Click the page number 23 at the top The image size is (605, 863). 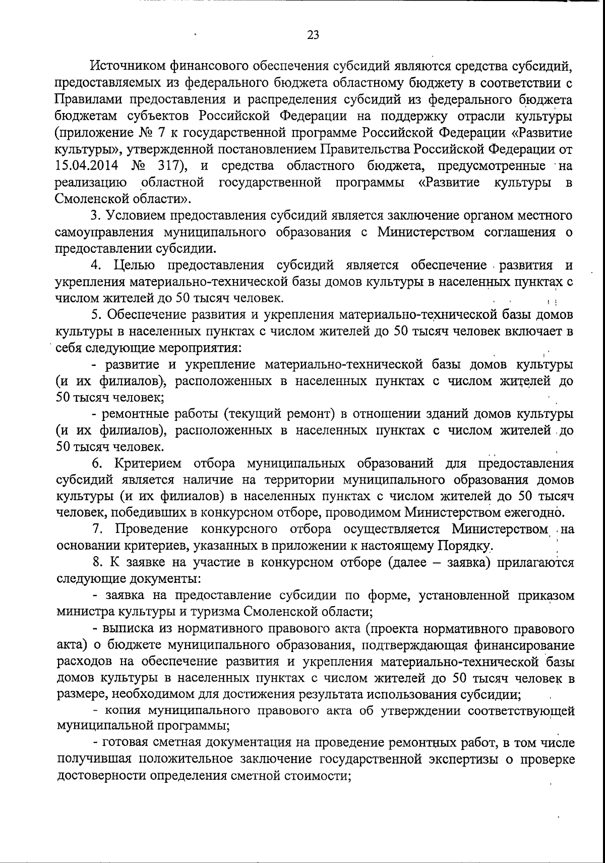(x=313, y=35)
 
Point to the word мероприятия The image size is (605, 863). (x=201, y=348)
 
